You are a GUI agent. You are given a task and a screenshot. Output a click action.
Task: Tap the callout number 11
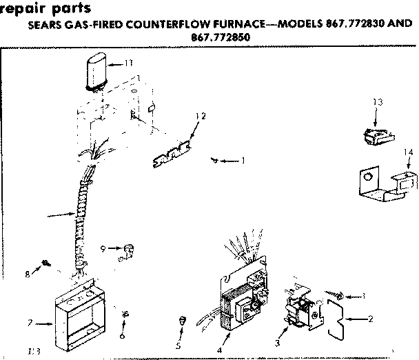coord(128,63)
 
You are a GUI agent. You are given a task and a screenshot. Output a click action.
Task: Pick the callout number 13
coord(377,102)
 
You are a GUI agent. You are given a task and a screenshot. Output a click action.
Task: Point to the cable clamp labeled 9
coord(126,251)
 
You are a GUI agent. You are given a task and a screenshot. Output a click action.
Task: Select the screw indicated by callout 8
coord(45,263)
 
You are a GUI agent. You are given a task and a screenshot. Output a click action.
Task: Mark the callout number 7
coord(29,322)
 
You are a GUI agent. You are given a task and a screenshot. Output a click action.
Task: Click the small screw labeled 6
coord(124,314)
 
